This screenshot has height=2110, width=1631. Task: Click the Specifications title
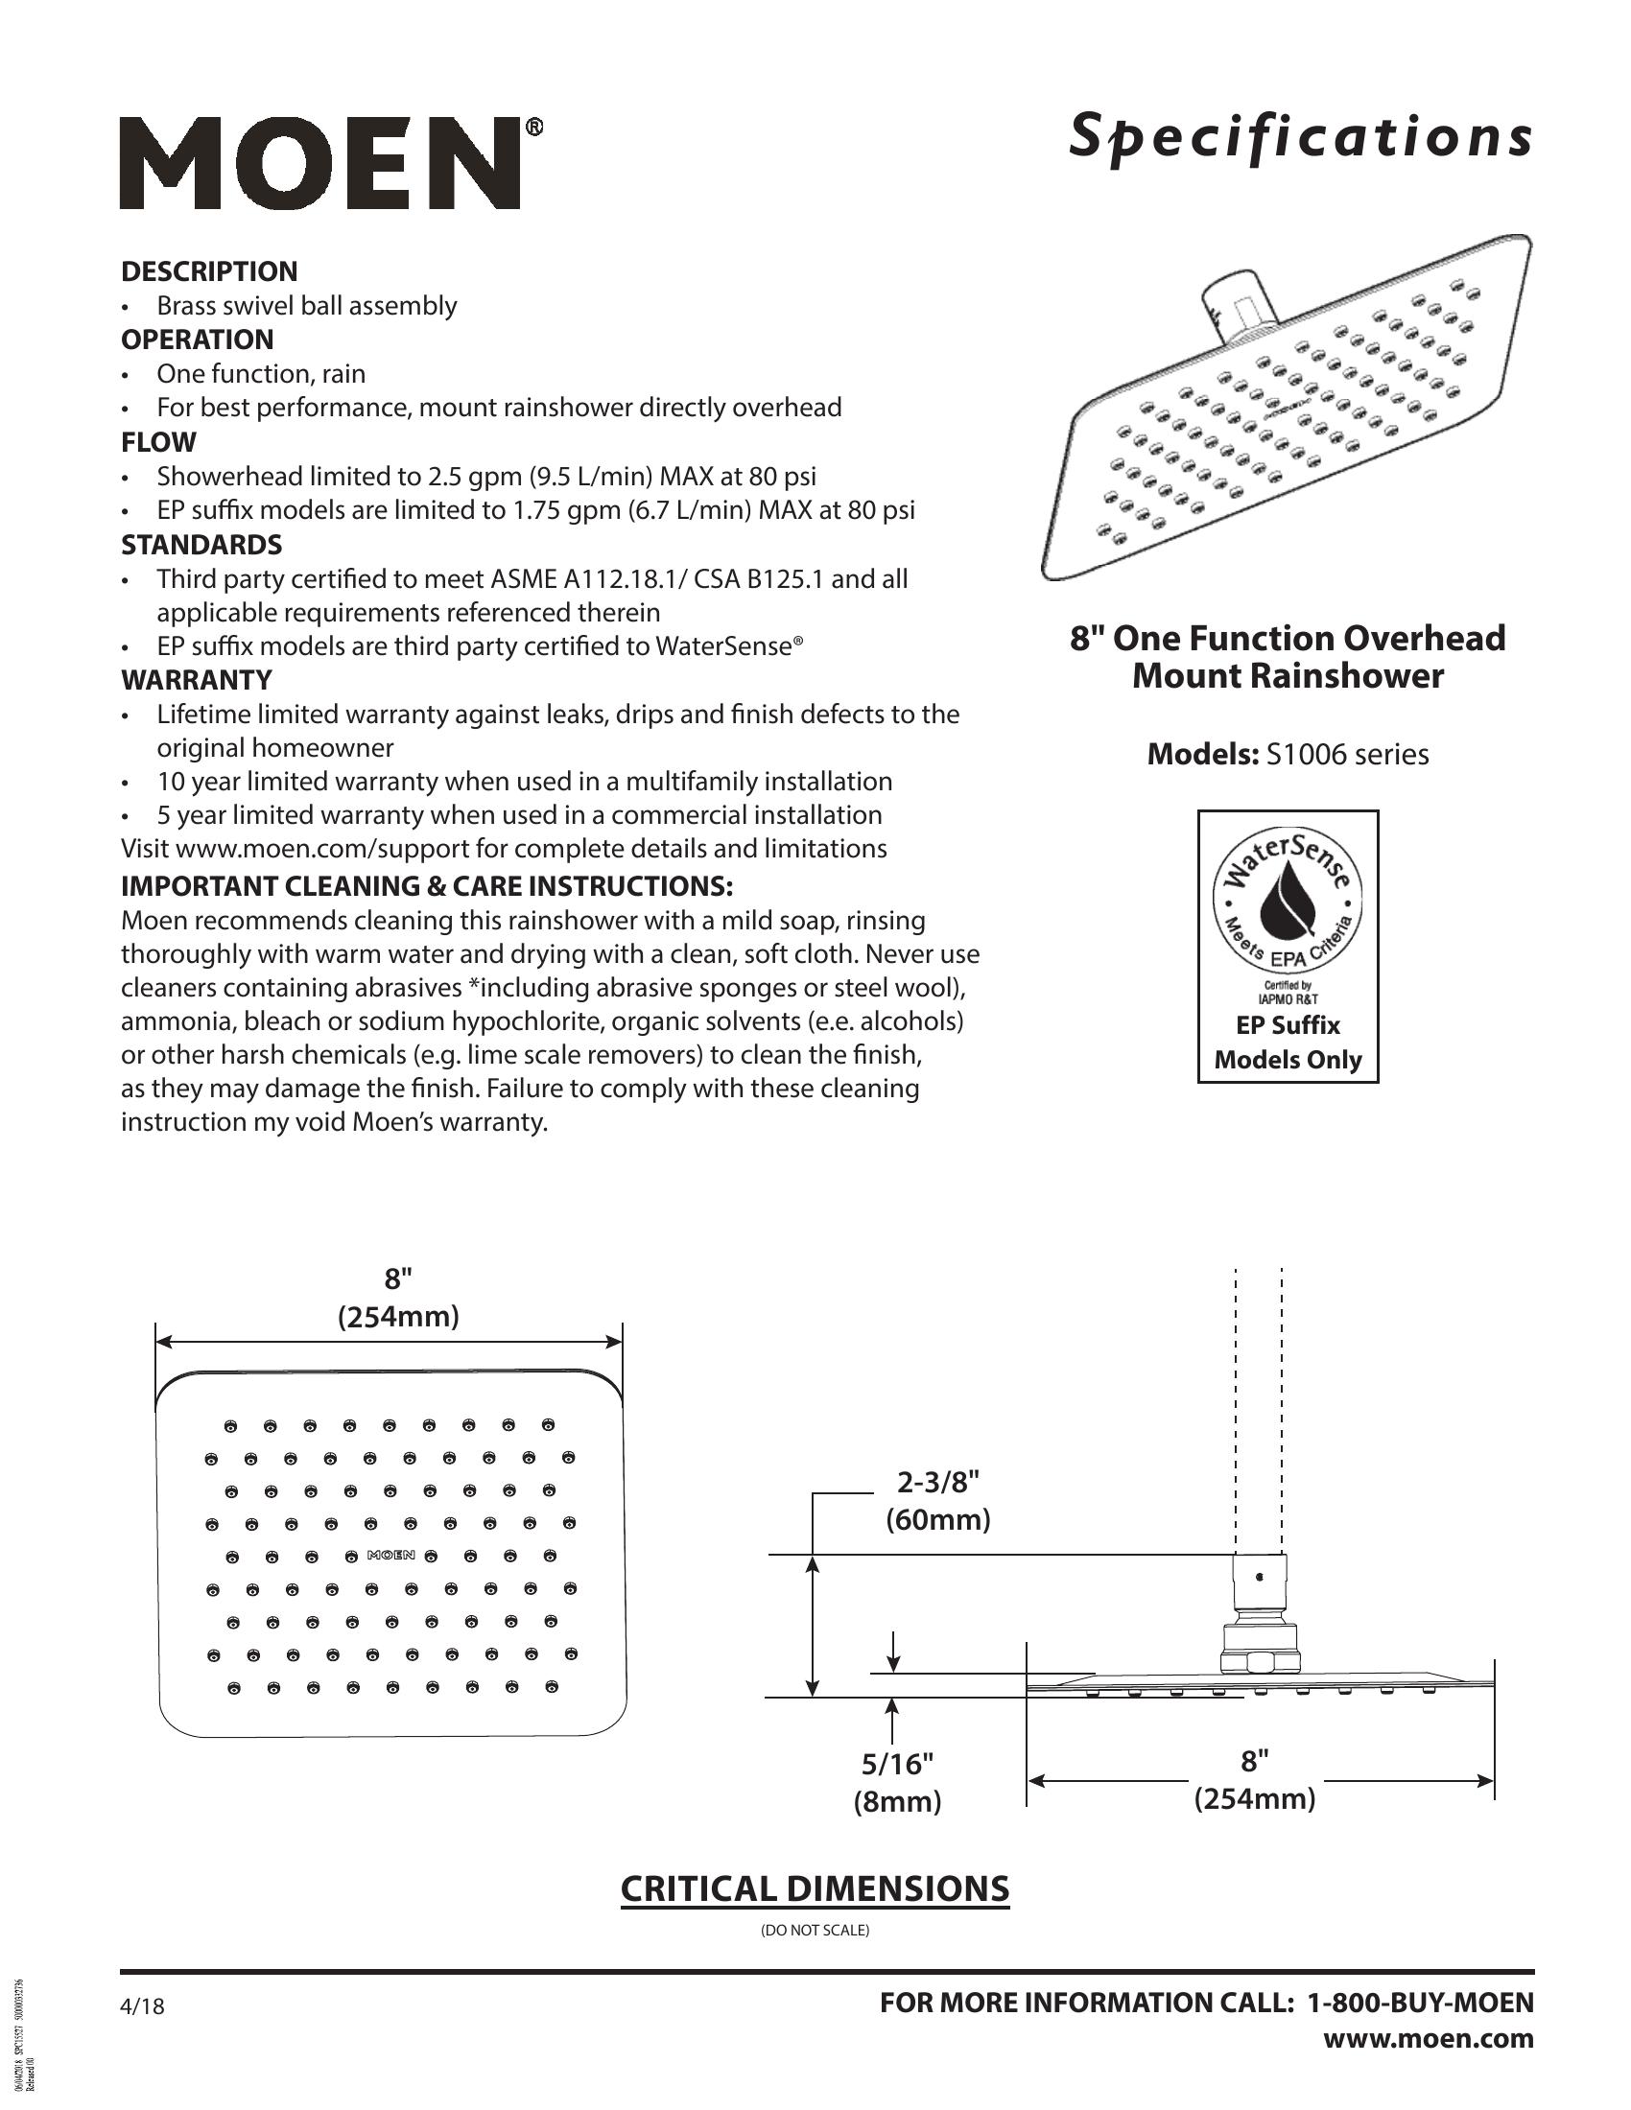1300,135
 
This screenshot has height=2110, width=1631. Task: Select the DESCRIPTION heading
209,271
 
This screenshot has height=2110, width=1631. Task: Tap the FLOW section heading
158,442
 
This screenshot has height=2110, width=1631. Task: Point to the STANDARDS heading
201,545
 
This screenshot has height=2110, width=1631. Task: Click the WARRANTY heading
196,680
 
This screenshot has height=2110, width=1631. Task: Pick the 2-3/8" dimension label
938,1481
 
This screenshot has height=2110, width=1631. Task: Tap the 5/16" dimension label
898,1764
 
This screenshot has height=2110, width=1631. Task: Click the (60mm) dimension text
938,1520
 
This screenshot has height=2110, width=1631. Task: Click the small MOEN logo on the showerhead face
390,1556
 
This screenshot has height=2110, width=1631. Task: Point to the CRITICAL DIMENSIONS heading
815,1888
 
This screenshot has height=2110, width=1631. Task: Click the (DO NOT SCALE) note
815,1931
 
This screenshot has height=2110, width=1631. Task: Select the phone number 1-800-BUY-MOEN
1420,2003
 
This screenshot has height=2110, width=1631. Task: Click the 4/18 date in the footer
142,2006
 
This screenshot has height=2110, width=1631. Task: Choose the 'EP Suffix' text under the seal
1288,1025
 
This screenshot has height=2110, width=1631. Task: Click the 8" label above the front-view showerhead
398,1279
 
